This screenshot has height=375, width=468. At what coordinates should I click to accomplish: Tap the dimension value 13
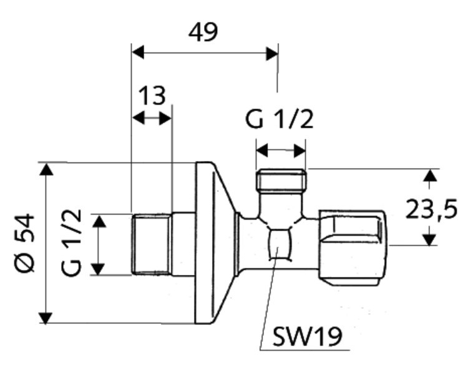pyautogui.click(x=152, y=96)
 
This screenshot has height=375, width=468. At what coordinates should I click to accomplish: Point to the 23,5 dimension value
pyautogui.click(x=431, y=209)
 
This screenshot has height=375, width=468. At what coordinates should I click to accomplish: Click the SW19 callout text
pyautogui.click(x=308, y=337)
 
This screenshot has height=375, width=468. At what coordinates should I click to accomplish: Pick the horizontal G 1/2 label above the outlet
pyautogui.click(x=279, y=119)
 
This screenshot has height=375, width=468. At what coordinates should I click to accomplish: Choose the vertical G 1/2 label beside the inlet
pyautogui.click(x=72, y=243)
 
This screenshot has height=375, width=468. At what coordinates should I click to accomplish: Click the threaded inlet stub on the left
pyautogui.click(x=152, y=244)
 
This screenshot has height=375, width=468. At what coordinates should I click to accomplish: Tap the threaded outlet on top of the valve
pyautogui.click(x=281, y=181)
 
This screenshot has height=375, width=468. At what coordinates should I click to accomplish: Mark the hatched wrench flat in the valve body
pyautogui.click(x=279, y=244)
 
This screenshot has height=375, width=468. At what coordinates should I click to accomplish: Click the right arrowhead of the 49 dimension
pyautogui.click(x=272, y=53)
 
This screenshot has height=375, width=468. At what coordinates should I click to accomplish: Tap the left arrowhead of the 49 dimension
pyautogui.click(x=137, y=53)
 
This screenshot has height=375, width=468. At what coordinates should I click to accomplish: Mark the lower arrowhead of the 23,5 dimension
pyautogui.click(x=429, y=239)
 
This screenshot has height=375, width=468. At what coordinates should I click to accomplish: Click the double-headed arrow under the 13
pyautogui.click(x=152, y=117)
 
